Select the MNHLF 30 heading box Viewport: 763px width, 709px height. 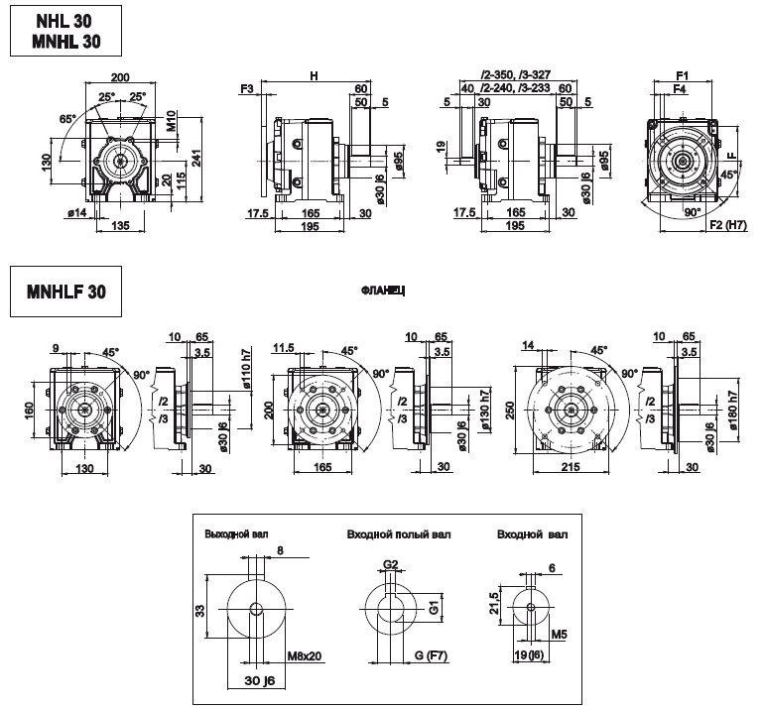(x=64, y=293)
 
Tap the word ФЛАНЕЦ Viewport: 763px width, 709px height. (x=386, y=292)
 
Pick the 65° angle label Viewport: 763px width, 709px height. (x=68, y=119)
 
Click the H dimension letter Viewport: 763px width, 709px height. (x=314, y=76)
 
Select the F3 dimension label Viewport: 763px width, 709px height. (x=248, y=89)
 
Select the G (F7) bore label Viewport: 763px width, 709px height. (x=429, y=655)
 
